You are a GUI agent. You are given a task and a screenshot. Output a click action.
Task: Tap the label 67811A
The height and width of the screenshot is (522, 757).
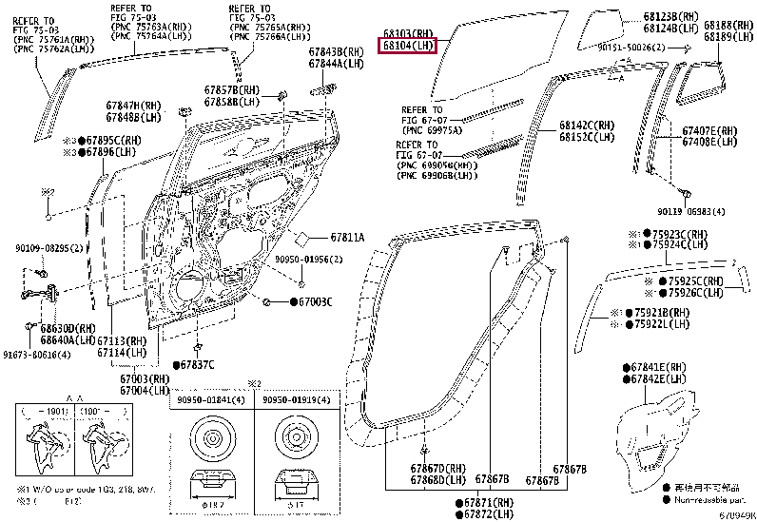click(347, 236)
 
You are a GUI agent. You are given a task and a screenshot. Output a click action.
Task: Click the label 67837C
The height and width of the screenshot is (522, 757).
click(197, 365)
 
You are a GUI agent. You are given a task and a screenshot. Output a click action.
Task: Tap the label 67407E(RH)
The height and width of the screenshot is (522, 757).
click(710, 130)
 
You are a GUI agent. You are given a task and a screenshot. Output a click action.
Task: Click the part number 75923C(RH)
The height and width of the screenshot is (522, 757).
click(681, 234)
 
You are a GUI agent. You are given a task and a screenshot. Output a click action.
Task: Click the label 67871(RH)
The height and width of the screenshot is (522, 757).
click(490, 501)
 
